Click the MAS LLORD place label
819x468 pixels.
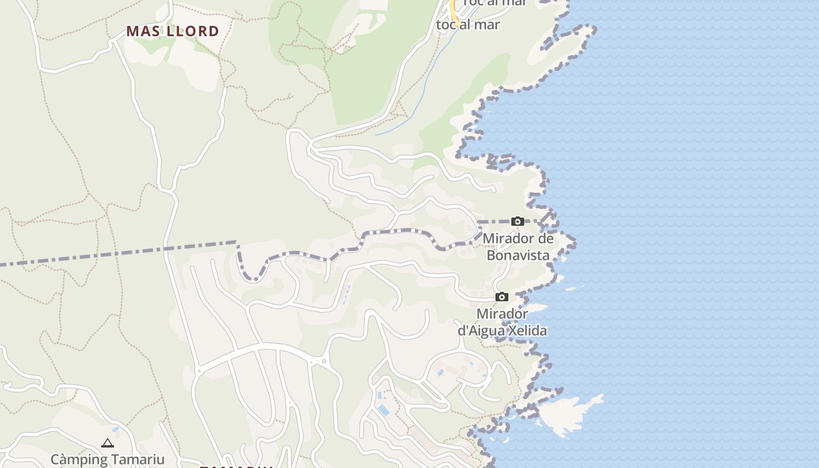tap(173, 31)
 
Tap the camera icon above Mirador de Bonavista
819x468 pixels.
tap(517, 221)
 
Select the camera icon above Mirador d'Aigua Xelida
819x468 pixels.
tap(501, 297)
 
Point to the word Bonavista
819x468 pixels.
tap(518, 256)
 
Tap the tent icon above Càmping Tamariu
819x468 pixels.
tap(107, 443)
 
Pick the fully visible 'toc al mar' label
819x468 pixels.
tap(468, 25)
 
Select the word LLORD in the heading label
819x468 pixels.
tap(193, 31)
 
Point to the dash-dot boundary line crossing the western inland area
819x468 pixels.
tap(117, 253)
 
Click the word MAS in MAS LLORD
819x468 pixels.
tap(144, 31)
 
